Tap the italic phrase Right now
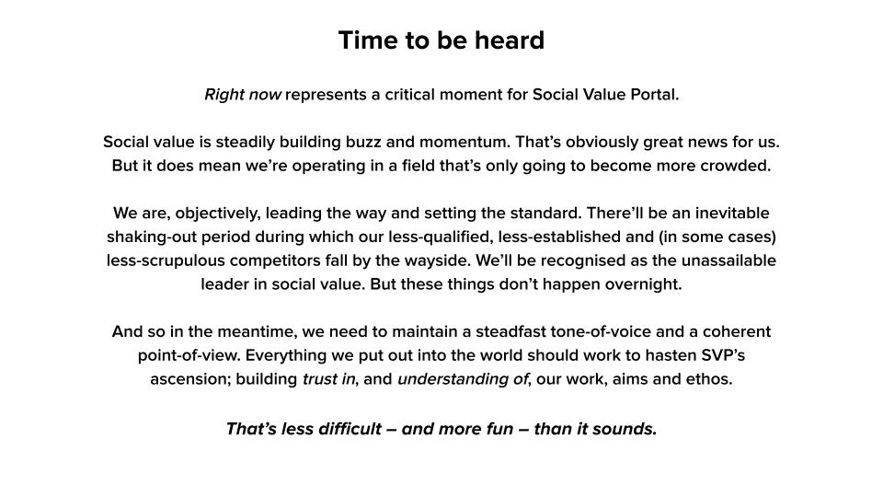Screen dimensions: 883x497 tap(243, 95)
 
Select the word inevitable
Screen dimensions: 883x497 tap(731, 213)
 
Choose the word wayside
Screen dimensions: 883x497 tap(442, 260)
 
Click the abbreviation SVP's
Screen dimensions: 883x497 tap(723, 355)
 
